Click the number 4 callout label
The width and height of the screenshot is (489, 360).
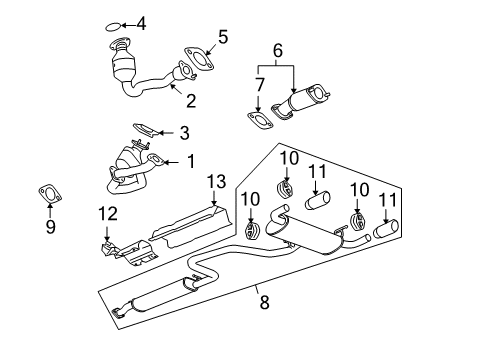pos(141,23)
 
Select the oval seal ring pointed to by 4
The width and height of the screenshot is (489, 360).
pos(114,25)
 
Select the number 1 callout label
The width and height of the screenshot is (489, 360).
pos(184,161)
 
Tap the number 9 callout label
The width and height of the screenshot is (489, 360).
pos(50,227)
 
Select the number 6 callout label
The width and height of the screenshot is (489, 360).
pos(277,48)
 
